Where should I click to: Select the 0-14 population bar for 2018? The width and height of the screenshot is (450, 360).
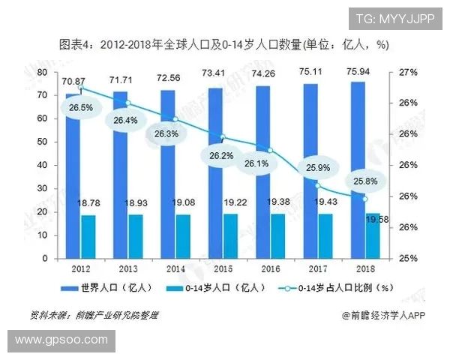coord(373,236)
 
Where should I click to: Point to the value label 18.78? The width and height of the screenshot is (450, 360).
coord(88,202)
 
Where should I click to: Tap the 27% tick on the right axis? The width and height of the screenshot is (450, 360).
coord(408,72)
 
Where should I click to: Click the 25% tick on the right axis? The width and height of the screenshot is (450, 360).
coord(408,259)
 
